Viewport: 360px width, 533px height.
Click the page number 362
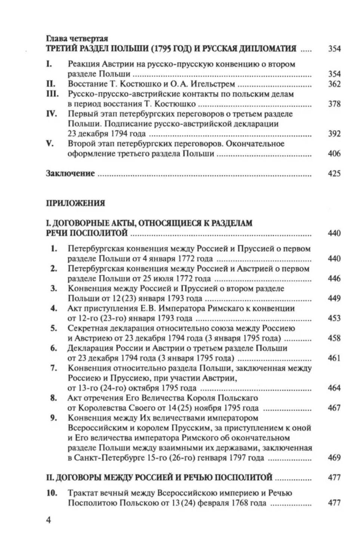click(334, 84)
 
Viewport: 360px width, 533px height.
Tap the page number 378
click(334, 104)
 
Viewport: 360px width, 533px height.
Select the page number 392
click(334, 134)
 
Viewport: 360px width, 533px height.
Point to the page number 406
click(334, 153)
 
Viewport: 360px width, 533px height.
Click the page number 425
click(334, 173)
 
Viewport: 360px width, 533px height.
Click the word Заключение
click(70, 174)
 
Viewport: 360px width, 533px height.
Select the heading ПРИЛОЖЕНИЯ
click(75, 203)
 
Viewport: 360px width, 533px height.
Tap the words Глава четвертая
click(77, 39)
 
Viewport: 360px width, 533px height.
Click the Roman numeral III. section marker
click(53, 94)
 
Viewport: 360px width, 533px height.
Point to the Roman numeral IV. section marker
click(52, 114)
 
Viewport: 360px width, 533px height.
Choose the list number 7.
click(54, 368)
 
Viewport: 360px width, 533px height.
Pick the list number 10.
click(52, 493)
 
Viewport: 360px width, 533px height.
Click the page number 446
click(334, 278)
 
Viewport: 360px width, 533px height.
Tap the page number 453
click(334, 318)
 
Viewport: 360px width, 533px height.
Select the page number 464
click(334, 388)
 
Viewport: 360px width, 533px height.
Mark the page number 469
click(334, 457)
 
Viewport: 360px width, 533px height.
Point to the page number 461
click(334, 358)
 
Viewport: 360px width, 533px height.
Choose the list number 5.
click(54, 328)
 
